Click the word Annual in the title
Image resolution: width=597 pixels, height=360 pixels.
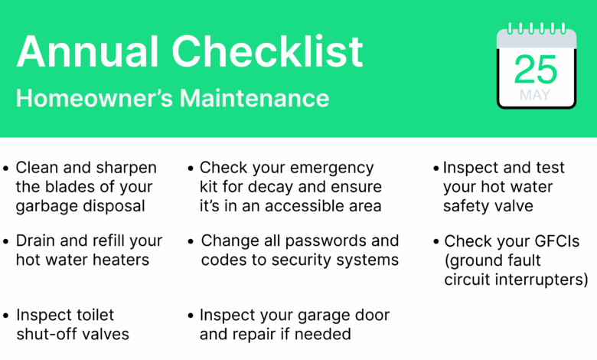click(87, 51)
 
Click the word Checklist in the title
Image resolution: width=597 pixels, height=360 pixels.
click(267, 51)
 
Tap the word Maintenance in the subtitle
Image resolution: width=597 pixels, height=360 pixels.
click(254, 98)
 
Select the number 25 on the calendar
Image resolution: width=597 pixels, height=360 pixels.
click(535, 69)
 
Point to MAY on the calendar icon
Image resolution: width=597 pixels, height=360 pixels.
click(535, 94)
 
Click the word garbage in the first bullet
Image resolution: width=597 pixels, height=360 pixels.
click(47, 207)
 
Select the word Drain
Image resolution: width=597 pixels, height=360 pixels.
click(35, 241)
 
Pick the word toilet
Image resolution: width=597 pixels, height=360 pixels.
click(95, 315)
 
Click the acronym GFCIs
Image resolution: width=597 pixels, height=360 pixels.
click(557, 241)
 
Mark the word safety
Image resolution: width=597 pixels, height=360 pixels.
click(463, 207)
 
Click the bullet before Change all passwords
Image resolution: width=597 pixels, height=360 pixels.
click(191, 241)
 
